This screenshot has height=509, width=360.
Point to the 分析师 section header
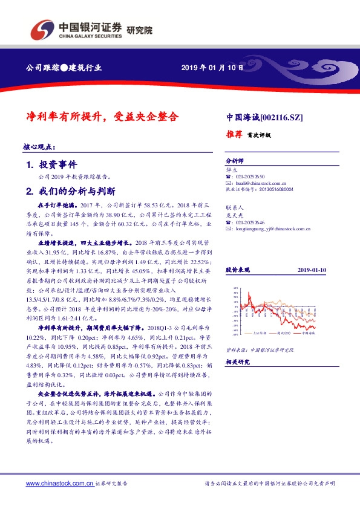click(x=234, y=161)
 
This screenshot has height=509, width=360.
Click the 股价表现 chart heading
click(x=237, y=270)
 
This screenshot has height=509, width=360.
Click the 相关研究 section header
click(x=237, y=361)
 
